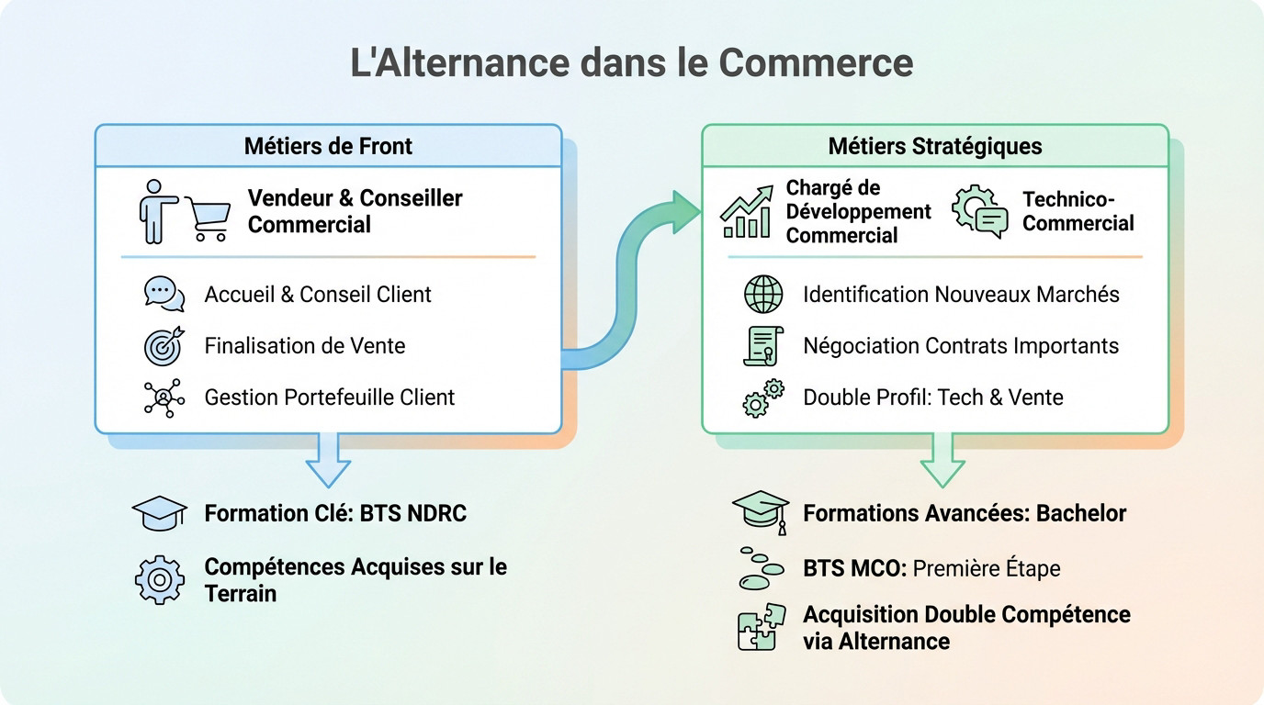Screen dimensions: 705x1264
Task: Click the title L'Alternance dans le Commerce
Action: (x=632, y=63)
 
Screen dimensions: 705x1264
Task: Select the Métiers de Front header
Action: (x=328, y=146)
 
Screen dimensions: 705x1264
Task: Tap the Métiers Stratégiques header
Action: (x=934, y=146)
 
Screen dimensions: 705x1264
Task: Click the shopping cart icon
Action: (x=208, y=218)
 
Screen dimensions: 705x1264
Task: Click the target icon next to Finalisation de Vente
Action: (x=164, y=346)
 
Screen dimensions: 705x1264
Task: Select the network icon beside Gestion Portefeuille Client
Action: (x=164, y=397)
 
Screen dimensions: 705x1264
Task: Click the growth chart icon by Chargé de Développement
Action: (x=746, y=212)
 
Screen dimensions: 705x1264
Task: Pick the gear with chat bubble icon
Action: (x=979, y=212)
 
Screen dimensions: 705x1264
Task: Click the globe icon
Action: (x=763, y=295)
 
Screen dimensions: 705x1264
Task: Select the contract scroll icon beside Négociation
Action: (x=762, y=346)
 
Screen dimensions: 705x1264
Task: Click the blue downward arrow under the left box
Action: (x=328, y=459)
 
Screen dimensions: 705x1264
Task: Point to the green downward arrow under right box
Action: (x=942, y=459)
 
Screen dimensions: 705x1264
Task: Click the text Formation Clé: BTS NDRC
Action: (x=335, y=513)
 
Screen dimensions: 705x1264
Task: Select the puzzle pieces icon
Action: (x=762, y=627)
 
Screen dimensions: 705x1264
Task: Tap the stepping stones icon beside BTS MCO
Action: (x=761, y=567)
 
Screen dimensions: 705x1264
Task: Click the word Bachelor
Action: (x=1081, y=513)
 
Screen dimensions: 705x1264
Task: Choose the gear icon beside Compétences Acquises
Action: (x=160, y=580)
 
